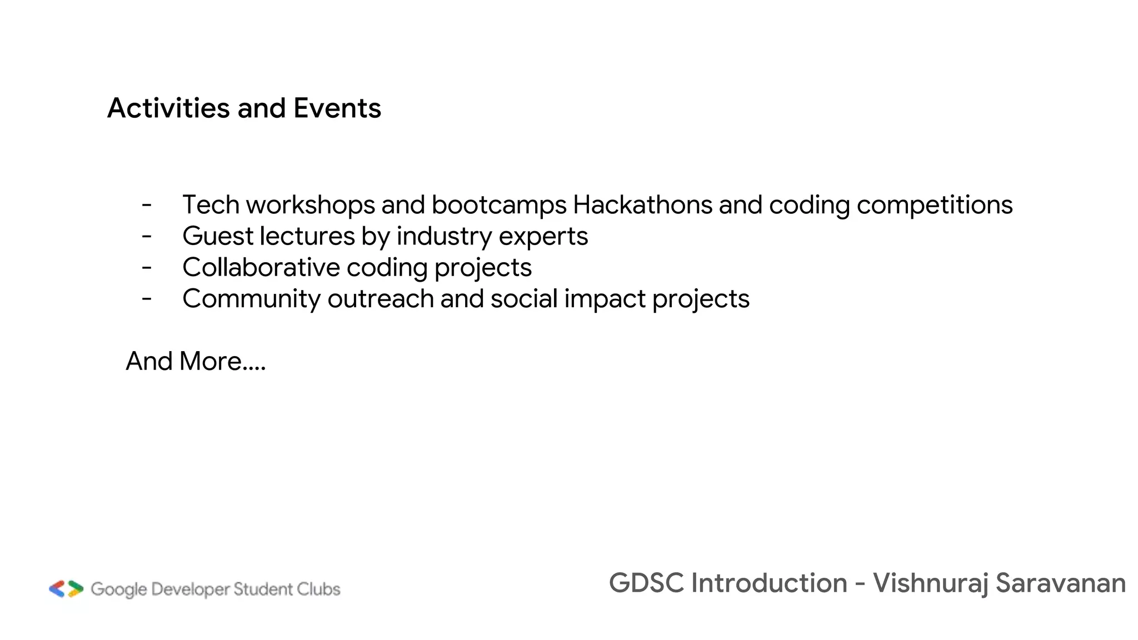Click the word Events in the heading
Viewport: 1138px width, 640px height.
tap(337, 108)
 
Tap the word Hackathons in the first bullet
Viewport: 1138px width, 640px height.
tap(642, 204)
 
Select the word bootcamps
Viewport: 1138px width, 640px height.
tap(498, 204)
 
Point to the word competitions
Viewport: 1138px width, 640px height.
tap(935, 204)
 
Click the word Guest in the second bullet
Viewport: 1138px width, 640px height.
tap(218, 236)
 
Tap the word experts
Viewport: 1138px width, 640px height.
tap(543, 236)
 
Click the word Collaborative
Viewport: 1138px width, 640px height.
tap(261, 267)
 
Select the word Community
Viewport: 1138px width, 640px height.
tap(251, 299)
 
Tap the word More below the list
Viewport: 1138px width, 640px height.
tap(210, 361)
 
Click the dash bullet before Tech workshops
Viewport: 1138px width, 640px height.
tap(147, 205)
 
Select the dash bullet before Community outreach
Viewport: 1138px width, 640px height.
tap(147, 299)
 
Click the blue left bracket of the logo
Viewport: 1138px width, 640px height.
tap(57, 589)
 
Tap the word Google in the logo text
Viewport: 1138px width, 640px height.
tap(118, 589)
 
